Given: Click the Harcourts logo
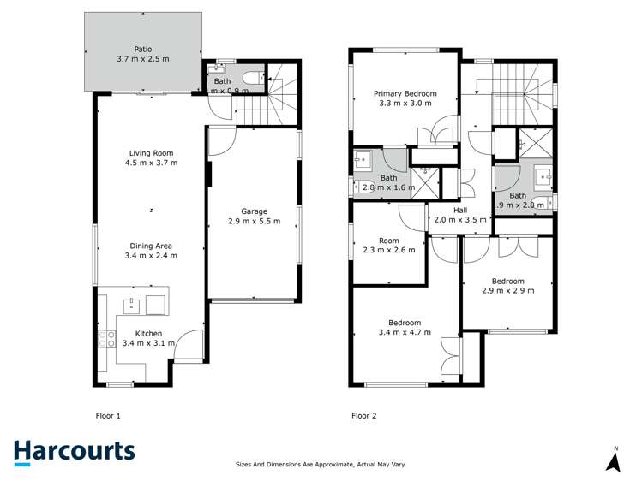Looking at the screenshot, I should point(74,452).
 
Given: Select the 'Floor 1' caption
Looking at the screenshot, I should point(107,416).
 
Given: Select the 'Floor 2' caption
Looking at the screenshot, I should point(363,416).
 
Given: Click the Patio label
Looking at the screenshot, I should point(142,50).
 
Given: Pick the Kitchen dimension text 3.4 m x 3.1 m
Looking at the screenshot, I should point(149,343).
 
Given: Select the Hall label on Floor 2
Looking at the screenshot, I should point(460,210).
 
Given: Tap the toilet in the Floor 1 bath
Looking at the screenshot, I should point(250,80).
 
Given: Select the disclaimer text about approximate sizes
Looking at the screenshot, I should point(321,465).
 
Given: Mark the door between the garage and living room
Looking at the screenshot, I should point(219,141).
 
